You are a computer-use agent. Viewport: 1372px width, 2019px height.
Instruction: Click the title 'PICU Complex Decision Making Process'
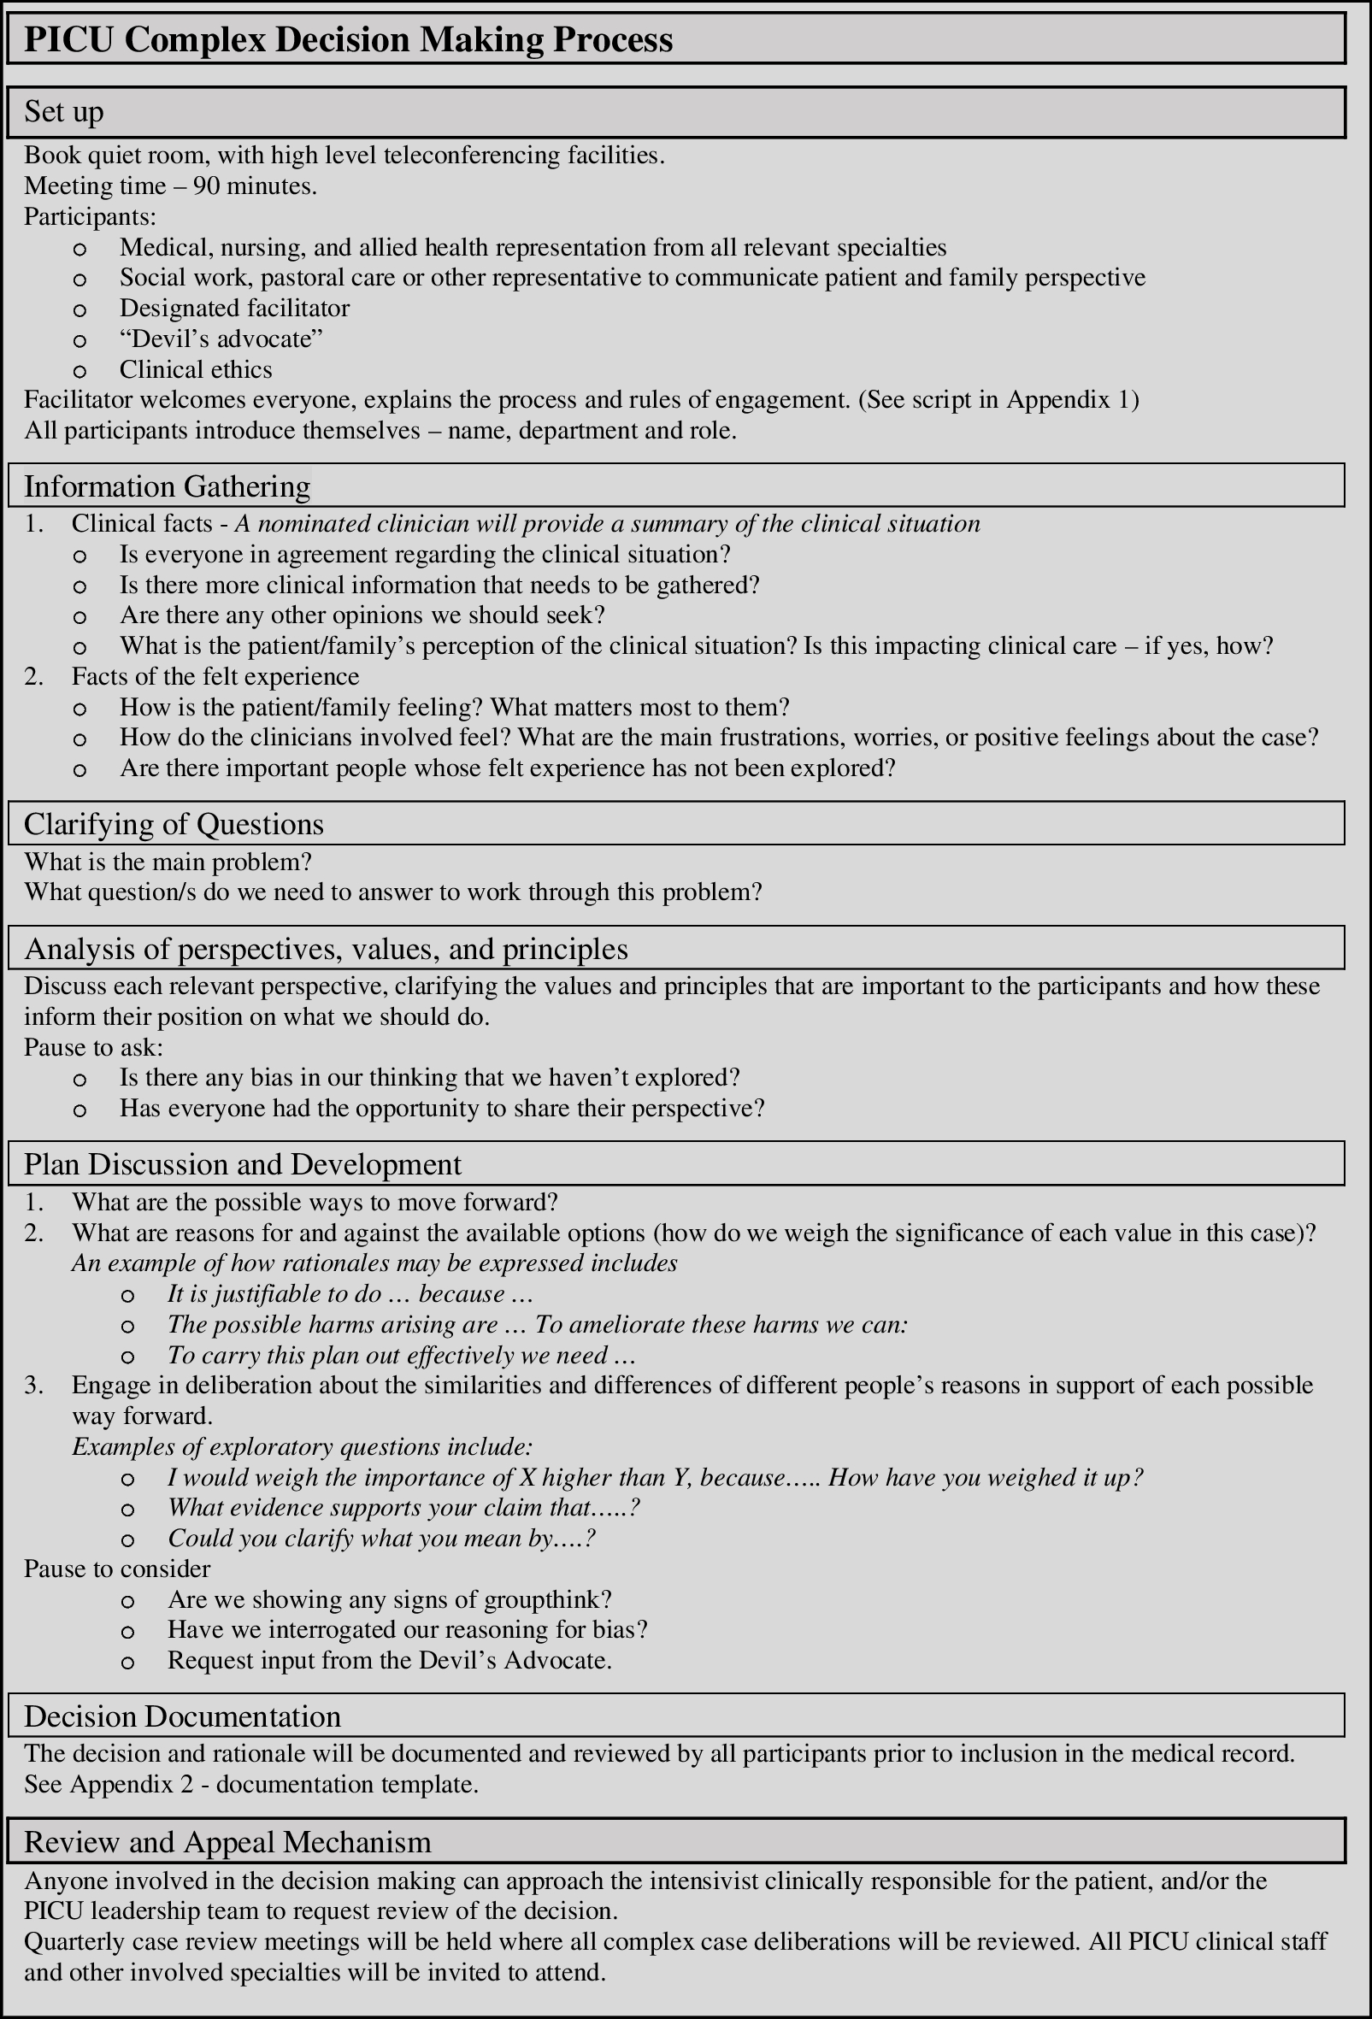point(348,40)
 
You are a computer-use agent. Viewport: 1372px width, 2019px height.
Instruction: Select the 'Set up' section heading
point(63,112)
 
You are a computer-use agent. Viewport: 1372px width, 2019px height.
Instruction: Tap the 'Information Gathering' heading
point(167,486)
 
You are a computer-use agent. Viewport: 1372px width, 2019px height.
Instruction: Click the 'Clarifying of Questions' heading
point(174,824)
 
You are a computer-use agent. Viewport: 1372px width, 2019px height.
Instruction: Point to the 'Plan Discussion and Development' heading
point(243,1164)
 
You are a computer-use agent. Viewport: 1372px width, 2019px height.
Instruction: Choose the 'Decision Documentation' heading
point(182,1716)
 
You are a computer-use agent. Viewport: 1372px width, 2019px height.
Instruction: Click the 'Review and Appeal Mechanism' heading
point(227,1842)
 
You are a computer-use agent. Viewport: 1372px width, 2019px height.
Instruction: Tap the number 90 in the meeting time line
point(207,185)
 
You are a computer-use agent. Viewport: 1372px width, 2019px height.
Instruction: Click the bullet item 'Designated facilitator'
point(234,309)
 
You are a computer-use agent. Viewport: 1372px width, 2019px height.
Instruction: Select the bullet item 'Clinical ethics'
point(196,369)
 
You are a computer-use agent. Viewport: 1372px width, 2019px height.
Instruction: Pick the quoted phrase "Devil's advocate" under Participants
point(221,338)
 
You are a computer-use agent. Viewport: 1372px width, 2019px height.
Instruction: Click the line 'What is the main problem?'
point(168,862)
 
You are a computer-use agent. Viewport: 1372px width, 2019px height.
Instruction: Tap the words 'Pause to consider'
point(116,1569)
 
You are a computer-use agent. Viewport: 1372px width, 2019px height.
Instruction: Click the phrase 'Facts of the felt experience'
point(215,676)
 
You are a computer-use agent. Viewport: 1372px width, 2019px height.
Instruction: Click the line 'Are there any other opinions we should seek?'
point(362,615)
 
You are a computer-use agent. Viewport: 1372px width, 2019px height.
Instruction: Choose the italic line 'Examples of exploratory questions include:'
point(302,1446)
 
